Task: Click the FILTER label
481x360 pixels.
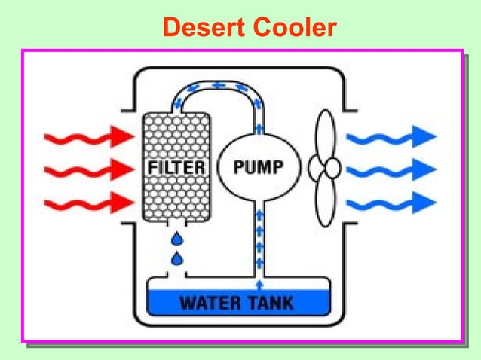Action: (x=175, y=167)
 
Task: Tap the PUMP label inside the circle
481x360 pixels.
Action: (x=254, y=167)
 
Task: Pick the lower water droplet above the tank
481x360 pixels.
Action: (x=177, y=259)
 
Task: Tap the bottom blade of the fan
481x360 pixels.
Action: (x=325, y=201)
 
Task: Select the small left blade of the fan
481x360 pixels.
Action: (x=314, y=168)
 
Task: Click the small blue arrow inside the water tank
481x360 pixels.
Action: (x=260, y=285)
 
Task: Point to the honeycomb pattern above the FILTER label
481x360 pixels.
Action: (x=175, y=136)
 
